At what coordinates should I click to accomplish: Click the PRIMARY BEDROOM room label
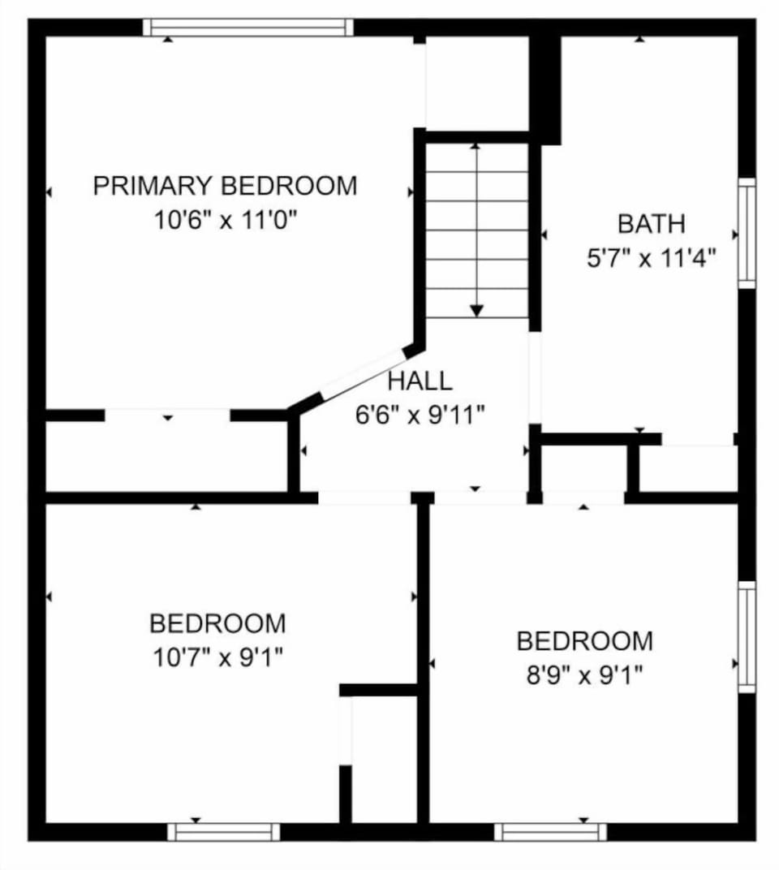coord(225,186)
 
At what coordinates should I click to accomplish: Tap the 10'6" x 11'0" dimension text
coord(225,221)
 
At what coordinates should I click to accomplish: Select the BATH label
coord(651,223)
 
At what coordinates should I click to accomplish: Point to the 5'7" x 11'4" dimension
coord(651,260)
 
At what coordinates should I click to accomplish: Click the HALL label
coord(420,381)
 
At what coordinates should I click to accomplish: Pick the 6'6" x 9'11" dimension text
coord(420,416)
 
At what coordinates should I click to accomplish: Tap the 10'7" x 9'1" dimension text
coord(217,658)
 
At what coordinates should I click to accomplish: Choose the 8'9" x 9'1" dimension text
coord(584,675)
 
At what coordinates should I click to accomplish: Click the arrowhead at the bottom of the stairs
coord(477,310)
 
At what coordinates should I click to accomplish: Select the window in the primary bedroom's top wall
coord(248,27)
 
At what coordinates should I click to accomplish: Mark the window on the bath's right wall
coord(747,234)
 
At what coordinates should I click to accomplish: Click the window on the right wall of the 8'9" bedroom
coord(747,637)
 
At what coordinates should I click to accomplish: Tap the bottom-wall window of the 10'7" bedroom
coord(223,832)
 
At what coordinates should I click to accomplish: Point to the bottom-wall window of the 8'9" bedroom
coord(550,832)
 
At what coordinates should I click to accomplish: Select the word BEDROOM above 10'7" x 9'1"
coord(217,623)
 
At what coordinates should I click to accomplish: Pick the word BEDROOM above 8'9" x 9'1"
coord(584,641)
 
